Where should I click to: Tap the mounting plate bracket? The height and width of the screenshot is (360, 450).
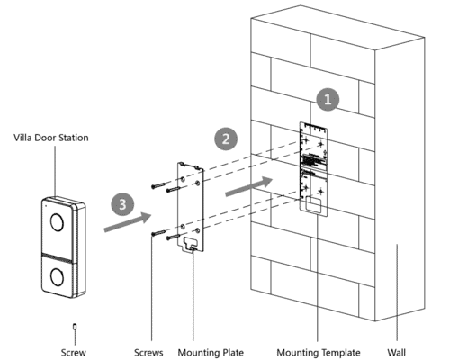[191, 205]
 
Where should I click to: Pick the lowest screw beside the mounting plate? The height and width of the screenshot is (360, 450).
[160, 236]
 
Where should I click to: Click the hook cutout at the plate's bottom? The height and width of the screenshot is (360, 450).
[191, 242]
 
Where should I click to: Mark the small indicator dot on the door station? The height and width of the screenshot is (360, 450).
[42, 206]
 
